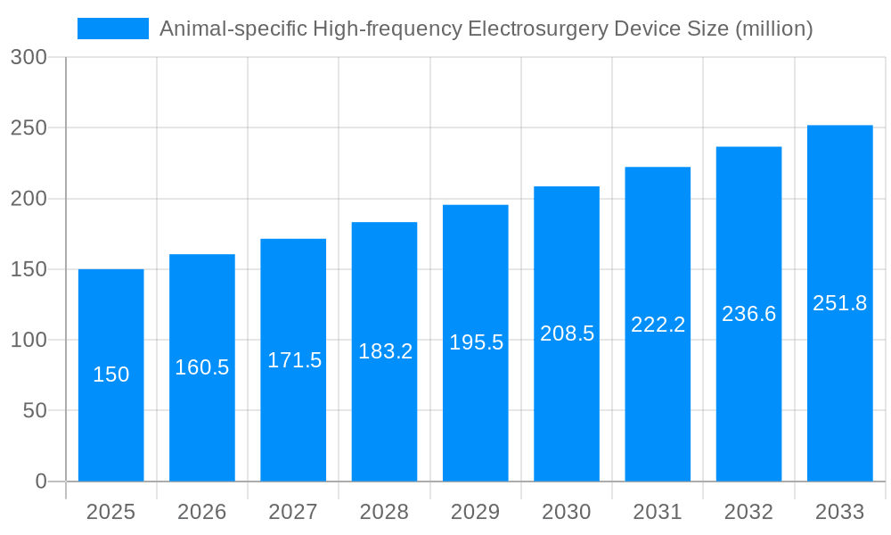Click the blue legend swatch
[x=113, y=29]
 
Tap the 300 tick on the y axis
[x=29, y=57]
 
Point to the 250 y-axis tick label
[x=29, y=128]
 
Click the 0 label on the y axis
[x=40, y=481]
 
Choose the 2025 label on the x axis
[x=110, y=512]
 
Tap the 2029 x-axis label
[x=475, y=512]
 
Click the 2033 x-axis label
[x=839, y=512]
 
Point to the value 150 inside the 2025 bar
[x=111, y=374]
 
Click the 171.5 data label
[x=294, y=360]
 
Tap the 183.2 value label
[x=385, y=351]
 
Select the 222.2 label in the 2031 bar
[x=658, y=325]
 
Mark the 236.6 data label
[x=748, y=314]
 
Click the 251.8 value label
[x=839, y=303]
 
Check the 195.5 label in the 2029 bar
[x=476, y=342]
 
